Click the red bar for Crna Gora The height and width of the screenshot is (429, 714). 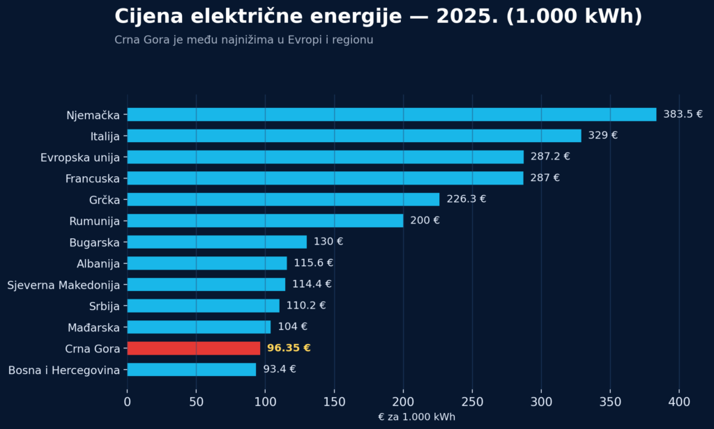pyautogui.click(x=194, y=348)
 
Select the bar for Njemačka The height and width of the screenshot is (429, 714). pyautogui.click(x=392, y=115)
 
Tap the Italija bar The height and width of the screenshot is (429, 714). pyautogui.click(x=354, y=136)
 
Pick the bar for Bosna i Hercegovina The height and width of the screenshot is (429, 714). pyautogui.click(x=192, y=369)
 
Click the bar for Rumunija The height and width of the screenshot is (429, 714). pyautogui.click(x=266, y=221)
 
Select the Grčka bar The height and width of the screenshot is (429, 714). pyautogui.click(x=283, y=199)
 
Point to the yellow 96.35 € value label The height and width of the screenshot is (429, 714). pyautogui.click(x=289, y=348)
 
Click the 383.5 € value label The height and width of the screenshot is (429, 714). pyautogui.click(x=683, y=114)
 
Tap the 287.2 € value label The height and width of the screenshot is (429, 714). pyautogui.click(x=550, y=157)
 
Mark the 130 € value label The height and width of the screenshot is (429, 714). pyautogui.click(x=328, y=242)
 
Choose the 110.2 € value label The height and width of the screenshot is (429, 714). pyautogui.click(x=306, y=305)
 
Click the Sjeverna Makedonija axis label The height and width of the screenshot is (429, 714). pyautogui.click(x=63, y=286)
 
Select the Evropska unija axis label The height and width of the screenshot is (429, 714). pyautogui.click(x=80, y=158)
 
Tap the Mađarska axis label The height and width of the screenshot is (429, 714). pyautogui.click(x=94, y=327)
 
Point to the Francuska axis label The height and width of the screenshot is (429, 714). pyautogui.click(x=93, y=179)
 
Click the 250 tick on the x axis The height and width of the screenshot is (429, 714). pyautogui.click(x=472, y=402)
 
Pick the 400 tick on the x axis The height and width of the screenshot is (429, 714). pyautogui.click(x=679, y=402)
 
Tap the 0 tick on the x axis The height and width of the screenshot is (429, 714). pyautogui.click(x=127, y=402)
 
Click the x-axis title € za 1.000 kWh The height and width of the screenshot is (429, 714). pyautogui.click(x=417, y=417)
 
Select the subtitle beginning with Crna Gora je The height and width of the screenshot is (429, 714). pyautogui.click(x=243, y=40)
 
